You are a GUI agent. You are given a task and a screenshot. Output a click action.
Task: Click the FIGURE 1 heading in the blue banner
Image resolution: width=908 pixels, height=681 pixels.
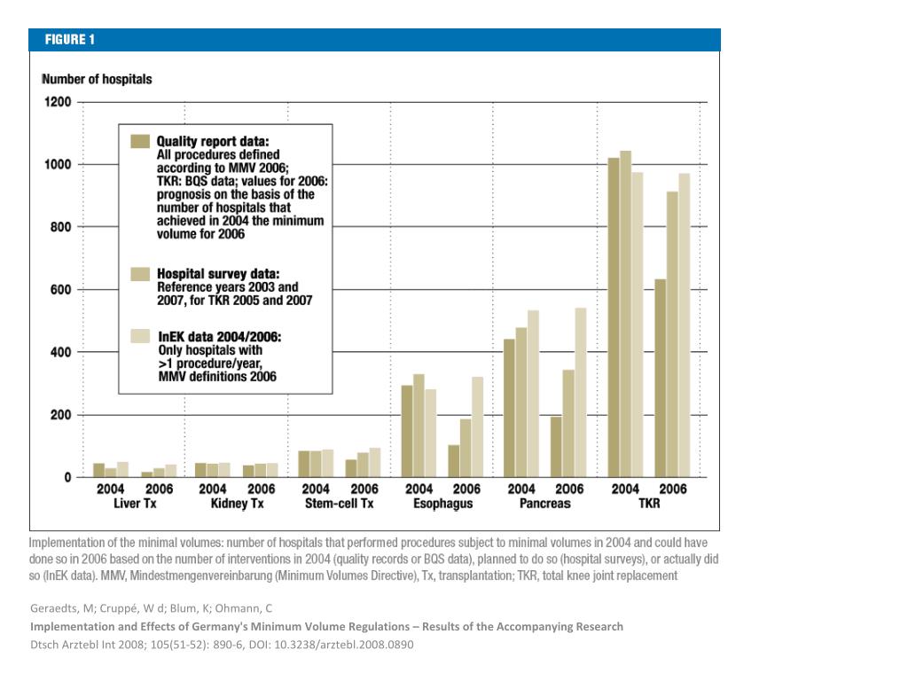click(69, 39)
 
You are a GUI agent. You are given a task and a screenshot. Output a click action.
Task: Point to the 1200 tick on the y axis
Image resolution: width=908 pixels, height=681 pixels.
click(58, 103)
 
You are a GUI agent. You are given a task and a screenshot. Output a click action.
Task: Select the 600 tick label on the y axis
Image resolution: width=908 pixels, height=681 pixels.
click(60, 290)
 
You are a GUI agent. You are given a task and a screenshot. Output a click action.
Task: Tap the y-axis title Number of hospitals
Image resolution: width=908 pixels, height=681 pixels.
click(97, 79)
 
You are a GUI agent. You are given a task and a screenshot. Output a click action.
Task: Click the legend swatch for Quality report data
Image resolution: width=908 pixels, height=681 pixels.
click(140, 141)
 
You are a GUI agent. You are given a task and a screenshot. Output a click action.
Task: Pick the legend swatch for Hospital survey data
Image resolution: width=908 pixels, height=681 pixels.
click(140, 274)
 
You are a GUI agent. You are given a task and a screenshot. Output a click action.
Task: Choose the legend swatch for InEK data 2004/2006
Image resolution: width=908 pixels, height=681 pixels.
click(140, 336)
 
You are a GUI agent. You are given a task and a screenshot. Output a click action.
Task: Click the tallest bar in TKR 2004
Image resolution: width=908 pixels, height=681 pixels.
click(625, 314)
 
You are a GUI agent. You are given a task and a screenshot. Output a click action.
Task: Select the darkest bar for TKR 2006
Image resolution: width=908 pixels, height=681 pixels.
click(661, 379)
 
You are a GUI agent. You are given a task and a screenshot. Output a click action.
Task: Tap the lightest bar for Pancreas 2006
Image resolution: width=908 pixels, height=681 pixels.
click(580, 393)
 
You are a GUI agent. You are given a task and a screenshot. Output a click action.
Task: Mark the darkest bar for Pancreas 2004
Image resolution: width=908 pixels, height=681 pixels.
click(510, 408)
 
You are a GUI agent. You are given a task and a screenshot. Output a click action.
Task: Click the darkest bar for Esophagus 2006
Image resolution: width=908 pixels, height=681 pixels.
click(454, 461)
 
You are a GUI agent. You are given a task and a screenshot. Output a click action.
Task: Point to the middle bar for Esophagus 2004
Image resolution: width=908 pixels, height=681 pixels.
click(419, 427)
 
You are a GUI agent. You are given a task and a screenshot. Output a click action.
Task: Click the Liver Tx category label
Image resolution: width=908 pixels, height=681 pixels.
click(135, 504)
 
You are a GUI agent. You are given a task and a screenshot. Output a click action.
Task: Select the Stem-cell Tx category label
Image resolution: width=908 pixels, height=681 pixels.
click(340, 504)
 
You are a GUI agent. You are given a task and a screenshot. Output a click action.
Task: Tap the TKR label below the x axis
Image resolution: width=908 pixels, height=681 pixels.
click(649, 504)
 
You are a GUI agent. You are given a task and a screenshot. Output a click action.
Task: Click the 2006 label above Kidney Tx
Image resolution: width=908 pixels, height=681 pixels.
click(262, 489)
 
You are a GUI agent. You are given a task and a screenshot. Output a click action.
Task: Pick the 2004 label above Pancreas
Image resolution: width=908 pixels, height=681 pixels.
click(521, 489)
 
